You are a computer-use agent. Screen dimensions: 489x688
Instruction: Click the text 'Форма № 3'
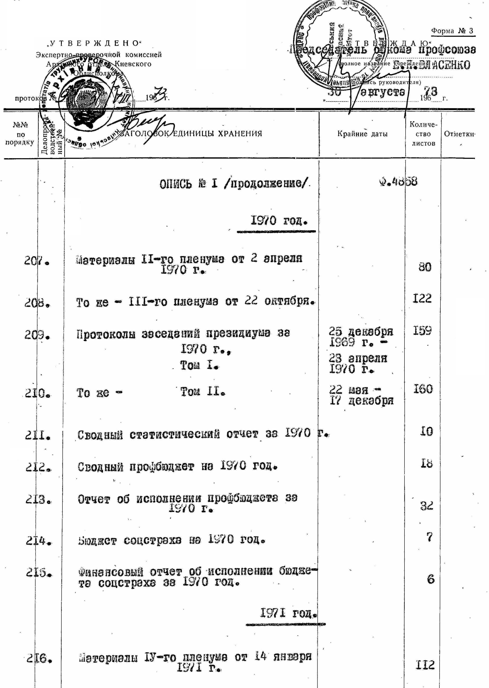[x=453, y=31]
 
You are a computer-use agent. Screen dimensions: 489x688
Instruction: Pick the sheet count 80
[x=424, y=267]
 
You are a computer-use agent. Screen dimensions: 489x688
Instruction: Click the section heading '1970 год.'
[x=279, y=221]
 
